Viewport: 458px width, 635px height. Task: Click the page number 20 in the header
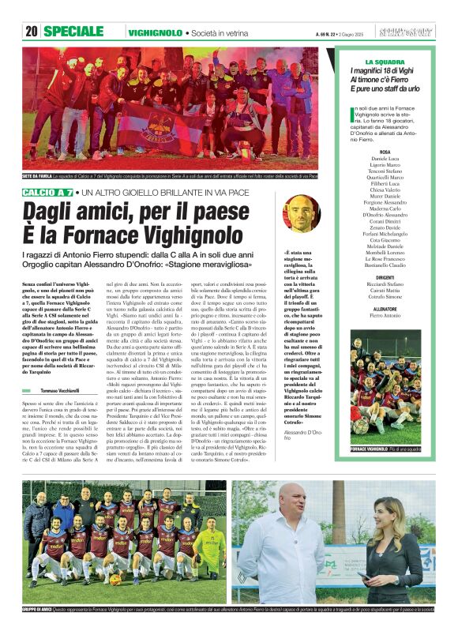32,32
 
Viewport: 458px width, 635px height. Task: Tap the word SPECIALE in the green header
74,32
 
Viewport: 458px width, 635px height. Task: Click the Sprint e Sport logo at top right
414,32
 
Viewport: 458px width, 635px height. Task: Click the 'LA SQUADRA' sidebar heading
385,62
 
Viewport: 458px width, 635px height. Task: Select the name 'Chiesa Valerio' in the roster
385,190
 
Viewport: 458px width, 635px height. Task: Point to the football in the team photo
115,579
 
